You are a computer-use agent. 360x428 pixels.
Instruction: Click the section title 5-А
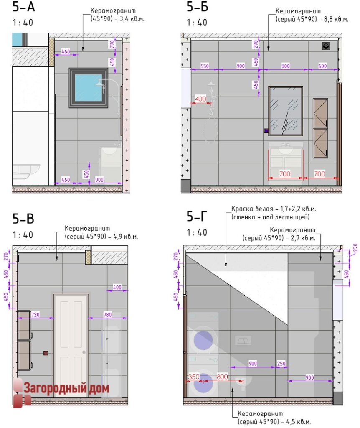click(x=24, y=7)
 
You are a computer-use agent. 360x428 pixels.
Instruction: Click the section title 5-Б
click(x=197, y=7)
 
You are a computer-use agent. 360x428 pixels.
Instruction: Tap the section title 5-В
click(x=23, y=219)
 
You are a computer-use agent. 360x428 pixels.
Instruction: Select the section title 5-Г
click(x=197, y=216)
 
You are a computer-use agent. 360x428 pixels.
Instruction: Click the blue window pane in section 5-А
click(x=89, y=88)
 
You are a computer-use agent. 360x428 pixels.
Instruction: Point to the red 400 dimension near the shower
click(x=200, y=99)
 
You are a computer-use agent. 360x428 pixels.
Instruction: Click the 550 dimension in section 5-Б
click(x=205, y=66)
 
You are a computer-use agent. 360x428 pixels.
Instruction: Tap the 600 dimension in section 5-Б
click(x=322, y=66)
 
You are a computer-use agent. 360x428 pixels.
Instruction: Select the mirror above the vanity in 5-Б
click(x=286, y=111)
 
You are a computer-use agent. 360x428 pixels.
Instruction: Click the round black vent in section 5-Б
click(x=326, y=46)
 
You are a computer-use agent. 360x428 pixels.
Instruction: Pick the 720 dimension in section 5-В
click(x=35, y=314)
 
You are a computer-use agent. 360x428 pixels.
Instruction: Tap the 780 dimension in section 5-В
click(x=107, y=314)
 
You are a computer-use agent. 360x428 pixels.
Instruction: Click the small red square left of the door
click(x=46, y=353)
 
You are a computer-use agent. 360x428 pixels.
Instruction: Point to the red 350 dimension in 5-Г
click(x=194, y=377)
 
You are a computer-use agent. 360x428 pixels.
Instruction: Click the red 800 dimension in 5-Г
click(x=222, y=377)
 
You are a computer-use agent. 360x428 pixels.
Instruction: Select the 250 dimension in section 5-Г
click(x=281, y=363)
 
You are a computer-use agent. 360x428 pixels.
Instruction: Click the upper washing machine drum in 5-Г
click(x=203, y=340)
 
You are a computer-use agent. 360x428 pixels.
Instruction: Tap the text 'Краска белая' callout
click(x=252, y=209)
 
